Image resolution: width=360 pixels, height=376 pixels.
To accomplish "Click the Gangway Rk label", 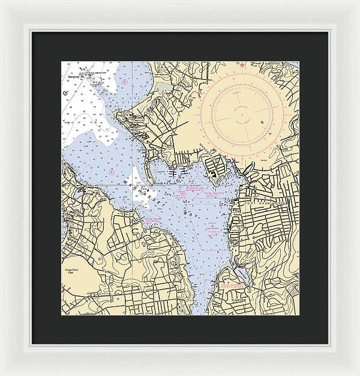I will [73, 76].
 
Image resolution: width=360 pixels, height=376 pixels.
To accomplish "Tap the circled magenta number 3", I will [124, 80].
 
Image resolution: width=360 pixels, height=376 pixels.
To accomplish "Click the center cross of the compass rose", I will [247, 114].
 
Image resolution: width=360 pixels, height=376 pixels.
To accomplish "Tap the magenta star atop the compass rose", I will [242, 64].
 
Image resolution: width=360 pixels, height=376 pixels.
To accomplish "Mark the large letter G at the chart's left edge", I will [65, 93].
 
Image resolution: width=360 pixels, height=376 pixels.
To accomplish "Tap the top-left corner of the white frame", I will [2, 2].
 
